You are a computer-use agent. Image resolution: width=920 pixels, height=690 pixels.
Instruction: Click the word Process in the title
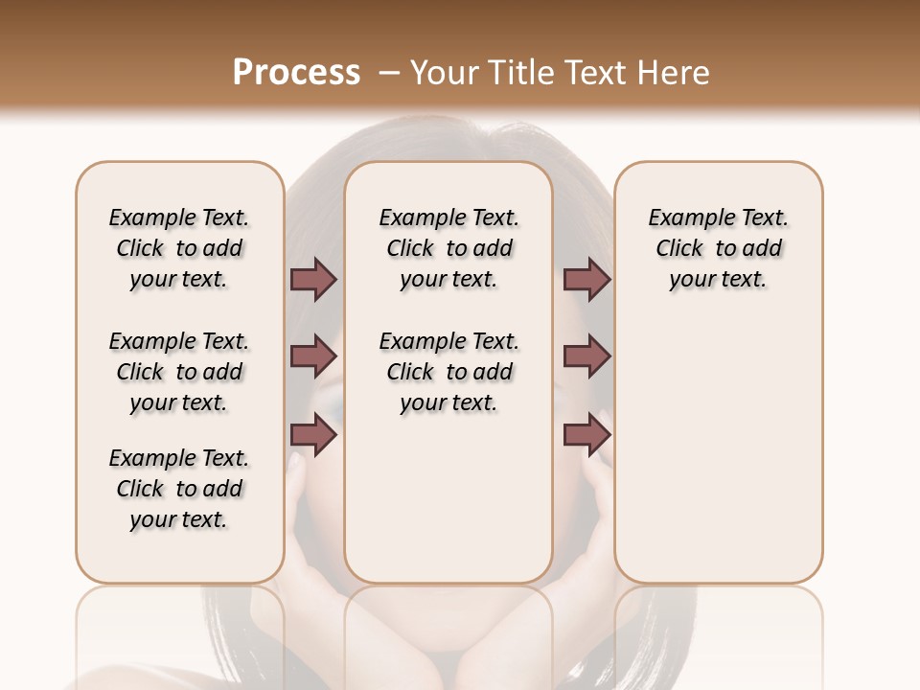click(x=296, y=73)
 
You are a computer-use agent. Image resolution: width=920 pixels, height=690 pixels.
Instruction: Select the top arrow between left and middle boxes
click(x=313, y=280)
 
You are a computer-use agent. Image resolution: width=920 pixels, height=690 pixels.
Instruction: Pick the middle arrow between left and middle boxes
click(x=313, y=356)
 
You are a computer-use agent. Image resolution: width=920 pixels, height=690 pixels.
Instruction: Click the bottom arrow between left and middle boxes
click(x=313, y=435)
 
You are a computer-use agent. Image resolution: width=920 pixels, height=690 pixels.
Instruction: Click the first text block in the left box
click(x=179, y=248)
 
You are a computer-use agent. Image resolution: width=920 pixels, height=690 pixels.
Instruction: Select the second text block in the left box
click(x=179, y=372)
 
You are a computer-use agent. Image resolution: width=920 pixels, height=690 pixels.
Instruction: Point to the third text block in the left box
click(x=179, y=489)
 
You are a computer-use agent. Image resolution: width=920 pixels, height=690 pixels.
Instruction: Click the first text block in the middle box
click(x=449, y=248)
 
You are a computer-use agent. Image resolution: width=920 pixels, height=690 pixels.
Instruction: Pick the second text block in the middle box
click(x=449, y=372)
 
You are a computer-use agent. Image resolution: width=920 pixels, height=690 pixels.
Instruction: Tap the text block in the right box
click(x=719, y=248)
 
